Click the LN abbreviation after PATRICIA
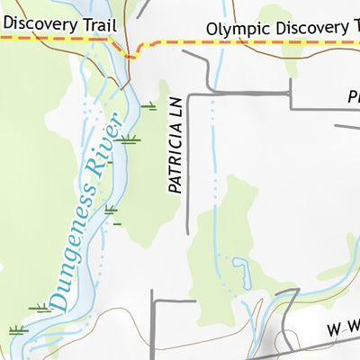pos(175,109)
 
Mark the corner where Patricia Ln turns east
pos(189,93)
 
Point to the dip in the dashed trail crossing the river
pos(131,56)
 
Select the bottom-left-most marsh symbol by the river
pos(16,329)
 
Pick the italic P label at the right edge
pos(354,95)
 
